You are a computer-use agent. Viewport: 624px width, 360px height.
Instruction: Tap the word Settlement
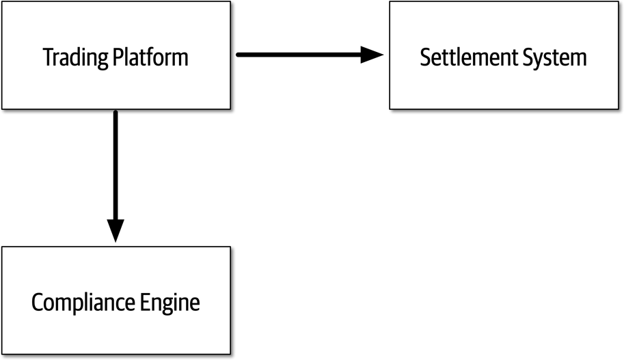(467, 57)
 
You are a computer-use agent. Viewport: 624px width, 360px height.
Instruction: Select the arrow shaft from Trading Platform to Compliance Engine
(116, 164)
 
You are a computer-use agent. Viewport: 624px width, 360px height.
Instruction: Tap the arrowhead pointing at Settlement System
(372, 55)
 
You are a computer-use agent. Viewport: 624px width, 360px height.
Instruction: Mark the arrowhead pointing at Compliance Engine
(116, 231)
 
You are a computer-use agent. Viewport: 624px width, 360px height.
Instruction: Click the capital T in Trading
(48, 57)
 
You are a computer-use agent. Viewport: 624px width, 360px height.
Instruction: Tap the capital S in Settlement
(425, 57)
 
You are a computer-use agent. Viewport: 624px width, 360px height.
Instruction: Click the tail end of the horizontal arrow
(239, 55)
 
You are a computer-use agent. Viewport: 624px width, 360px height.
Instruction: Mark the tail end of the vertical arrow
(116, 113)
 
